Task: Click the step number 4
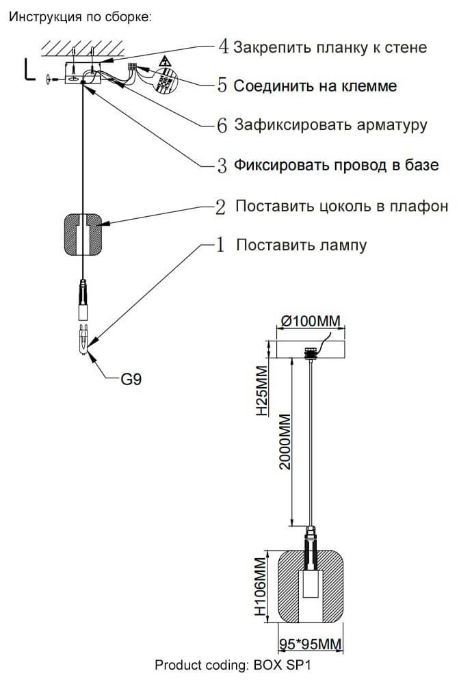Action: coord(223,47)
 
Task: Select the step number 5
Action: coord(222,85)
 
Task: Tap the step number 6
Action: coord(222,126)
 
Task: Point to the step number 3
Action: coord(222,166)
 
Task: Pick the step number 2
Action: coord(220,207)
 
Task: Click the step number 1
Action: coord(220,245)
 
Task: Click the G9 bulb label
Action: coord(131,379)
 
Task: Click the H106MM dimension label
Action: coord(260,589)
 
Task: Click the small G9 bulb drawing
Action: coord(82,339)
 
